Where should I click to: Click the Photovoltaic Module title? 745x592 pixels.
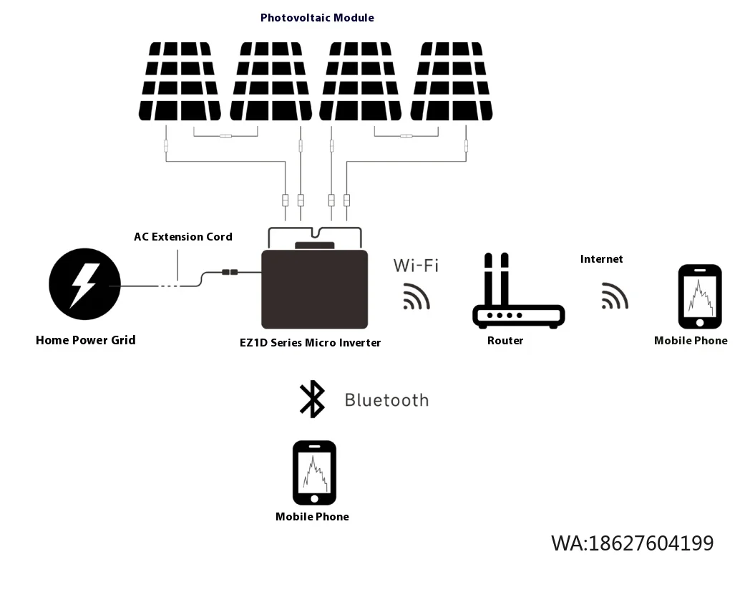pyautogui.click(x=316, y=17)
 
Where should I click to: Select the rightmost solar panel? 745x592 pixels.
pyautogui.click(x=452, y=81)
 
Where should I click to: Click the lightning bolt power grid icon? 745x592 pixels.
pyautogui.click(x=84, y=284)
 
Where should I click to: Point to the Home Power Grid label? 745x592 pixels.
pyautogui.click(x=85, y=340)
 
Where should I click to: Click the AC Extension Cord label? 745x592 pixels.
pyautogui.click(x=183, y=237)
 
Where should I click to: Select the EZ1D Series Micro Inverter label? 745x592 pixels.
pyautogui.click(x=310, y=343)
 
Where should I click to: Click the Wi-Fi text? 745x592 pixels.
pyautogui.click(x=415, y=266)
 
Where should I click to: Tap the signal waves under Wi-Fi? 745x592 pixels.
pyautogui.click(x=416, y=296)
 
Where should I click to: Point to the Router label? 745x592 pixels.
pyautogui.click(x=505, y=341)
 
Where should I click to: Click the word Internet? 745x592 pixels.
pyautogui.click(x=601, y=259)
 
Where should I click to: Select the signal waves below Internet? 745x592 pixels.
pyautogui.click(x=614, y=296)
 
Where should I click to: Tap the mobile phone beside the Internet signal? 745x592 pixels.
pyautogui.click(x=699, y=297)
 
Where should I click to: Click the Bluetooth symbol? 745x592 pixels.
pyautogui.click(x=312, y=399)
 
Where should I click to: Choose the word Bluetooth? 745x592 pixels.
pyautogui.click(x=386, y=400)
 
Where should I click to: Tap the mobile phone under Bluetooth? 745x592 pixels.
pyautogui.click(x=314, y=472)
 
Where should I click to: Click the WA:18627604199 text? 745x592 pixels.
pyautogui.click(x=632, y=543)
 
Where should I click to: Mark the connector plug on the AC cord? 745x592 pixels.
pyautogui.click(x=230, y=272)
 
